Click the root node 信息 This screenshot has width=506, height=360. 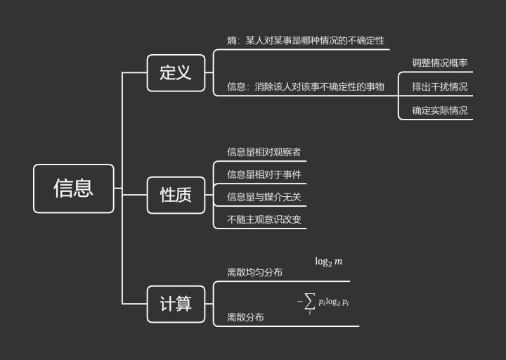(x=73, y=188)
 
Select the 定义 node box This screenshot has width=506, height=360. (x=176, y=72)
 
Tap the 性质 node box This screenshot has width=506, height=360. (x=176, y=195)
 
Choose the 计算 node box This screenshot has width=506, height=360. (x=176, y=304)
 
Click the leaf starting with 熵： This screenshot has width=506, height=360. (x=306, y=41)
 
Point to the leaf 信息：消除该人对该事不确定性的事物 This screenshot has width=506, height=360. (x=306, y=86)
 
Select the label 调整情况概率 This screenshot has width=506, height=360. (x=440, y=63)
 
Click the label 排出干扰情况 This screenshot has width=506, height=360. (x=440, y=86)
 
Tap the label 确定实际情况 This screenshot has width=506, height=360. (x=440, y=110)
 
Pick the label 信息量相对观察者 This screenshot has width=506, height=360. (x=264, y=151)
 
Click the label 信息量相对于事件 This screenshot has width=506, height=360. (x=264, y=174)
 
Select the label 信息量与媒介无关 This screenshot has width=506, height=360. (x=264, y=196)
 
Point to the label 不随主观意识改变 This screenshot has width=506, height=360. (x=264, y=219)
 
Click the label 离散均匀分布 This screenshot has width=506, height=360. (x=255, y=272)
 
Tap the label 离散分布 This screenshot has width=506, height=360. (x=246, y=317)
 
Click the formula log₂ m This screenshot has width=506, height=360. (x=328, y=262)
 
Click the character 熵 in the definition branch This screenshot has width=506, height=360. (x=232, y=41)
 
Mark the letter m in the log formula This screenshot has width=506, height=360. (x=339, y=262)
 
